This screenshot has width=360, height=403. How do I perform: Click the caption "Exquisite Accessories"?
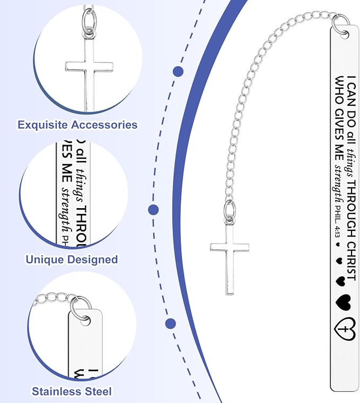(x=77, y=124)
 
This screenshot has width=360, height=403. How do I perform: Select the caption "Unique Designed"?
(x=72, y=259)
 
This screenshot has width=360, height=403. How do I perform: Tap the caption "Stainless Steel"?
(x=72, y=391)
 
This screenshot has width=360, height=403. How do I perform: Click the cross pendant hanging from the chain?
(x=230, y=258)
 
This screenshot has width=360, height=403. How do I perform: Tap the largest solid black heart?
(x=343, y=302)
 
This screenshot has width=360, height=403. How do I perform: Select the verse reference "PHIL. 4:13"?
(x=337, y=221)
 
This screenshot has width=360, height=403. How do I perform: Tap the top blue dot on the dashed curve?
(x=178, y=71)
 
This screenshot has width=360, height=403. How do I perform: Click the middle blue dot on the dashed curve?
(x=153, y=210)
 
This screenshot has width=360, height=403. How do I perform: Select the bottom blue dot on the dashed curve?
(x=171, y=323)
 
